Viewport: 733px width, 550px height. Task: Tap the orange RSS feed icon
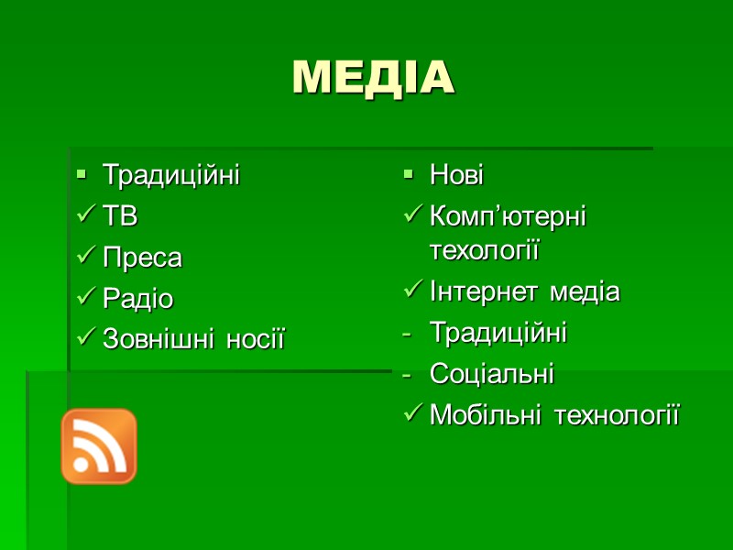coord(99,445)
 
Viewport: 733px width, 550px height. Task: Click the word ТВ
coord(120,217)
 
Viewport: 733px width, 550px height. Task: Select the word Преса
coord(142,258)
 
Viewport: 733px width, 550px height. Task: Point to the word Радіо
coord(137,300)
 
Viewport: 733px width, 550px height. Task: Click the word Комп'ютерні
coord(508,217)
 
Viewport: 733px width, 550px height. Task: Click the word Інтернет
coord(483,292)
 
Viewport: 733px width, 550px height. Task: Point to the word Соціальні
coord(491,374)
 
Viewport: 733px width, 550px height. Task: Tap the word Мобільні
coord(482,415)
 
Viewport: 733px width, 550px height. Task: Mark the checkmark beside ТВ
coord(84,217)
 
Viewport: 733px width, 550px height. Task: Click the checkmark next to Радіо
coord(84,300)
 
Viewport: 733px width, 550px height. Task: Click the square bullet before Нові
coord(409,173)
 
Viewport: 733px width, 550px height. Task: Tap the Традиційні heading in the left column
coord(170,175)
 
